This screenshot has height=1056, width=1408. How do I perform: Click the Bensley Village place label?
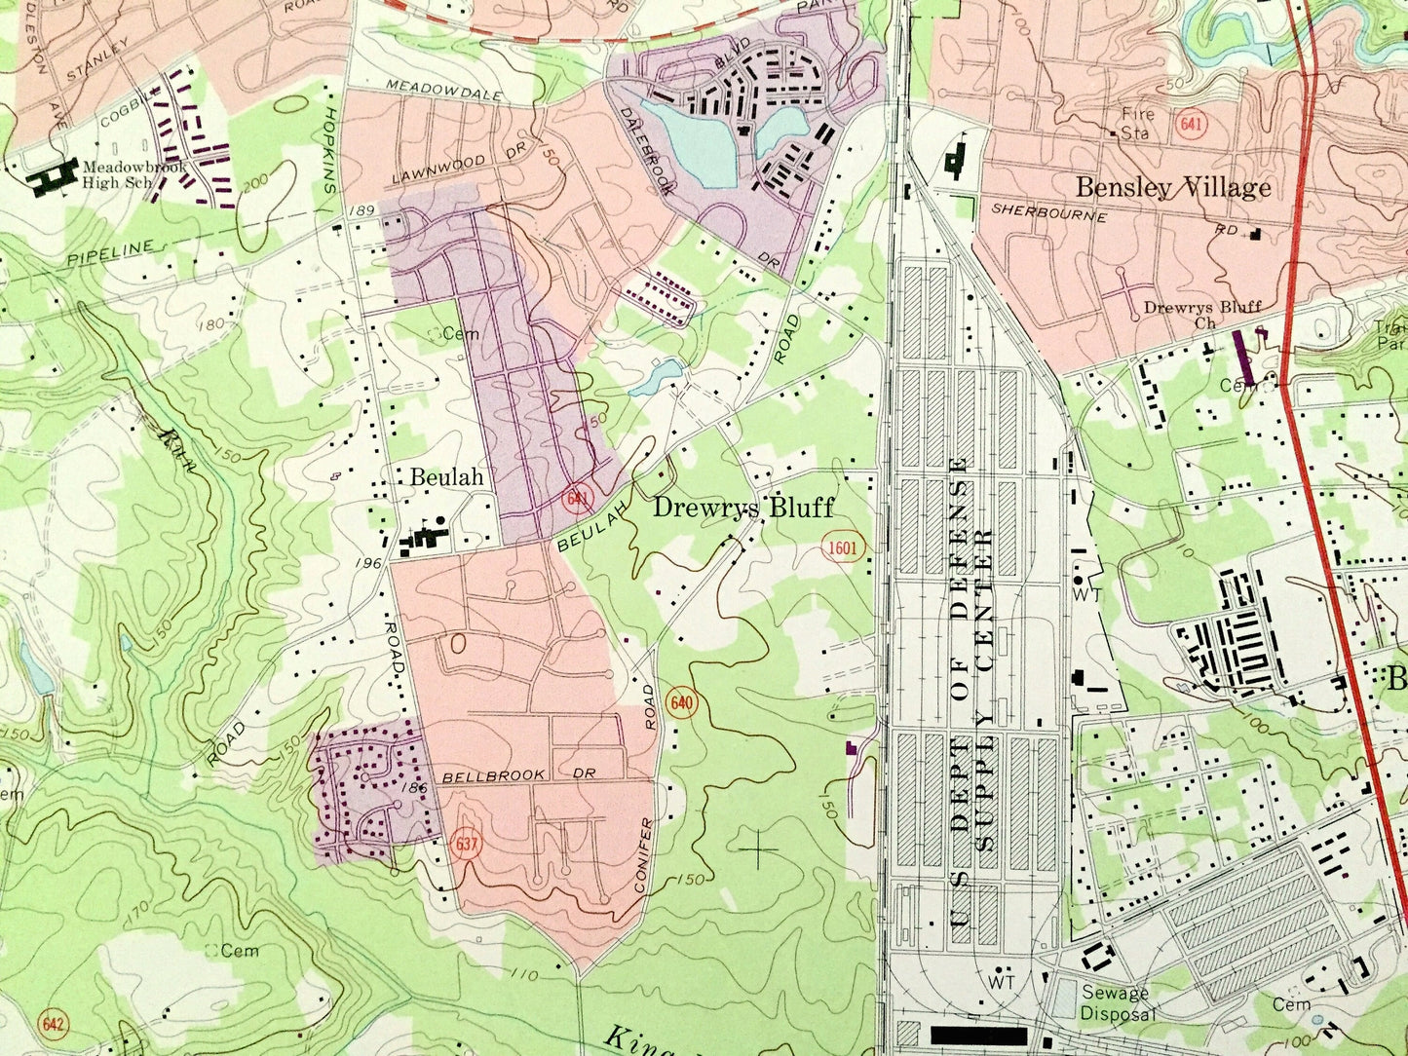(x=1173, y=187)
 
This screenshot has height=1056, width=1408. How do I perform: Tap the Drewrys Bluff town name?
(x=742, y=508)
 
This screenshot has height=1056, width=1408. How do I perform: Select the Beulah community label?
(x=446, y=477)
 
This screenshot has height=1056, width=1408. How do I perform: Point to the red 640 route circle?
(x=681, y=702)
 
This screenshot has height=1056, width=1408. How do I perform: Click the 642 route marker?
(x=53, y=1025)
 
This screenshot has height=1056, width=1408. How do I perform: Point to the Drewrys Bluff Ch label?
(x=1201, y=314)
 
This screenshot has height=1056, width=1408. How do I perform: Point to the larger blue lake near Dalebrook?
(x=689, y=141)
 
